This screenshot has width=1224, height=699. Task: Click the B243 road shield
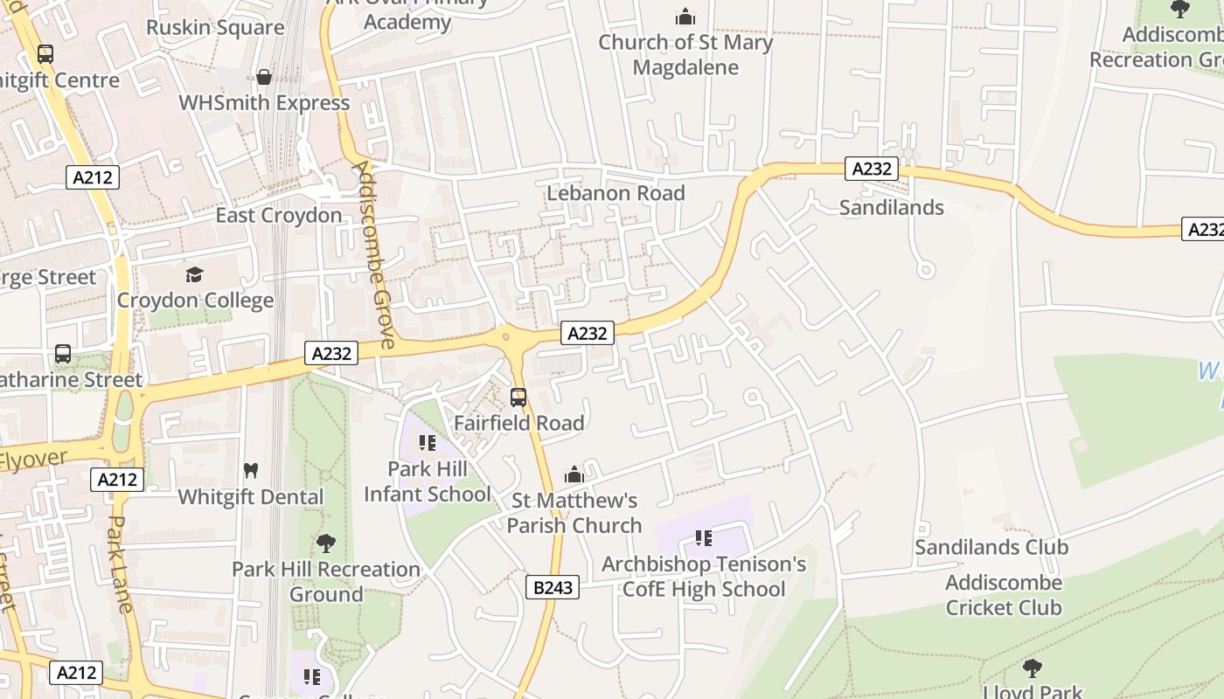tap(553, 587)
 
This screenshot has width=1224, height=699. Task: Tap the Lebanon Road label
tap(615, 193)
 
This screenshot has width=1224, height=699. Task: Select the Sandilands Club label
tap(991, 547)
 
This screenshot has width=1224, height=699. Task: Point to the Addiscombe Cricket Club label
tap(1004, 595)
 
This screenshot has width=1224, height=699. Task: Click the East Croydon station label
tap(279, 215)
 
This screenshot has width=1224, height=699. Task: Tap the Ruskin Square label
tap(215, 27)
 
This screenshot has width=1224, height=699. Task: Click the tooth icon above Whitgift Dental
tap(251, 470)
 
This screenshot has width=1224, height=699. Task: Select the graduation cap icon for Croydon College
tap(194, 274)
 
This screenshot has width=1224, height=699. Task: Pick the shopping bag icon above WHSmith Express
tap(264, 77)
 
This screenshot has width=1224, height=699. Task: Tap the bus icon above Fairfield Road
tap(518, 398)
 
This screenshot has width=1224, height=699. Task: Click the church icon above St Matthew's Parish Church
tap(574, 474)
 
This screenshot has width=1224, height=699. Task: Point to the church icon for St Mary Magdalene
tap(685, 17)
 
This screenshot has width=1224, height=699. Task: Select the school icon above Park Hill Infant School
tap(428, 443)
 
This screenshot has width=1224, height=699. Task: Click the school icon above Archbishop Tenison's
tap(704, 538)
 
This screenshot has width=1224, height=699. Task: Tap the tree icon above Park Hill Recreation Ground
tap(326, 543)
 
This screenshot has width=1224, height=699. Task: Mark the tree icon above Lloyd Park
tap(1033, 668)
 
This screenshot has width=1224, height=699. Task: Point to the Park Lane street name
tap(121, 564)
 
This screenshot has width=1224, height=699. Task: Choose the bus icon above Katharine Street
tap(63, 354)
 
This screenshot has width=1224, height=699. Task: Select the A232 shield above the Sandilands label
tap(872, 169)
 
